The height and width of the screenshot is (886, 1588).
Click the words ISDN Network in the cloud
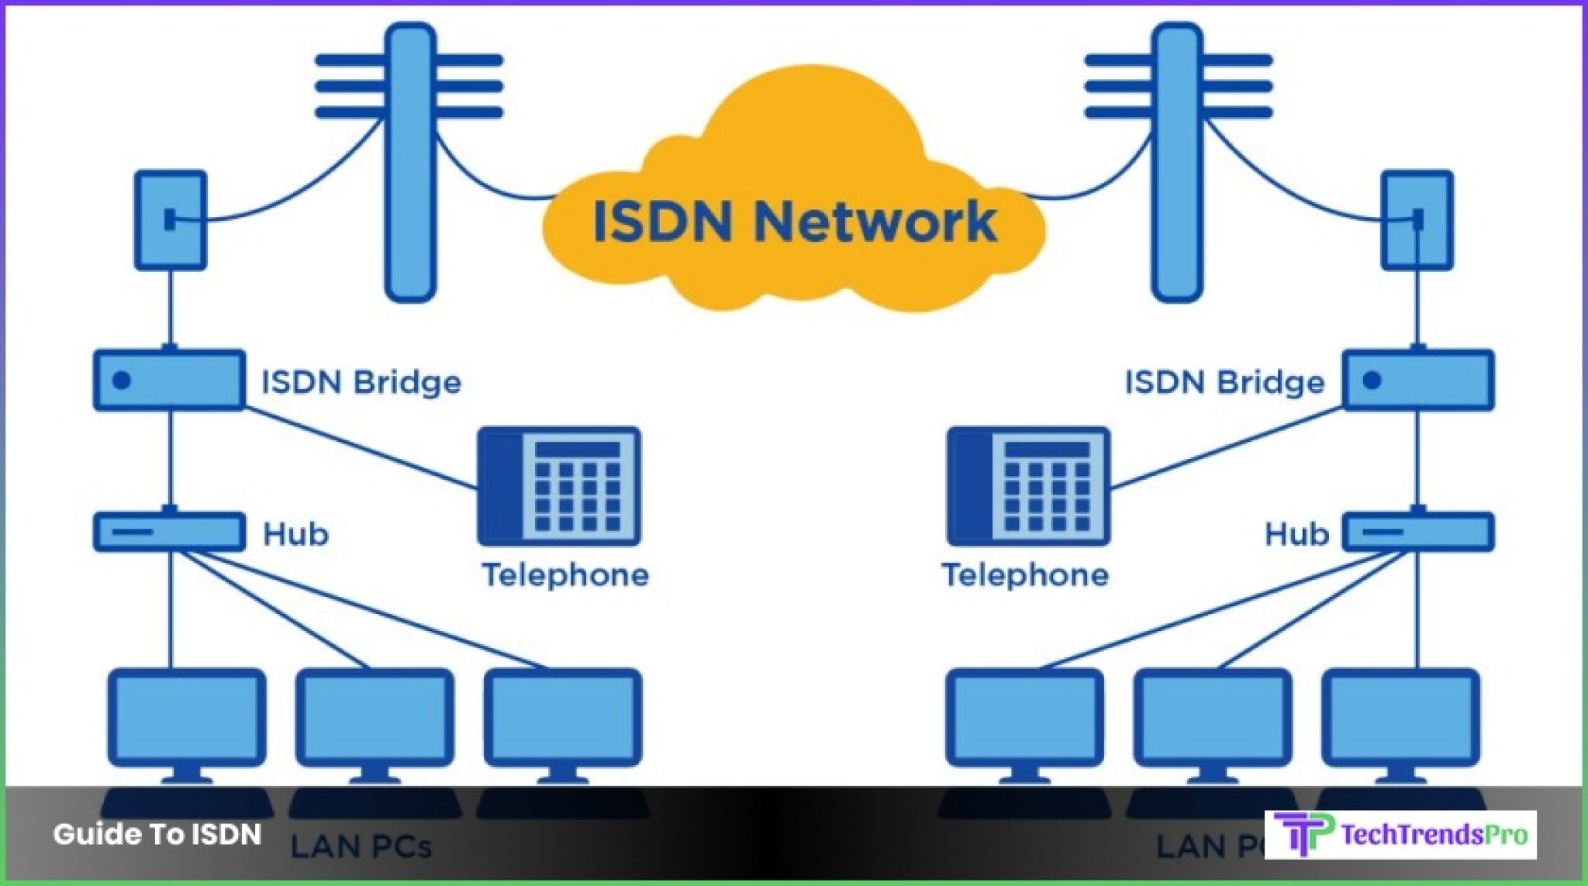pyautogui.click(x=795, y=222)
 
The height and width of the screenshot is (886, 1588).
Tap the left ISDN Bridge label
pyautogui.click(x=361, y=382)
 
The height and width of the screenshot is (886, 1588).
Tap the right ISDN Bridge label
pyautogui.click(x=1224, y=382)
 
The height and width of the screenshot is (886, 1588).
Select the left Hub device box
pyautogui.click(x=169, y=532)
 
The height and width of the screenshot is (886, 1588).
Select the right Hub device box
pyautogui.click(x=1418, y=532)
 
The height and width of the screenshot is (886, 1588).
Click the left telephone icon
pyautogui.click(x=559, y=486)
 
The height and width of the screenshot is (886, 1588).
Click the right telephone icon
pyautogui.click(x=1028, y=486)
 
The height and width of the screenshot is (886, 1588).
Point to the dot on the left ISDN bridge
pyautogui.click(x=122, y=381)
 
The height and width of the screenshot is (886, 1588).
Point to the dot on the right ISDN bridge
pyautogui.click(x=1372, y=381)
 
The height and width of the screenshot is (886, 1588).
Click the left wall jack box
pyautogui.click(x=171, y=220)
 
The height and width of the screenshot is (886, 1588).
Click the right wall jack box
pyautogui.click(x=1417, y=220)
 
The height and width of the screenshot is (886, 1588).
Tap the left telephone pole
pyautogui.click(x=410, y=163)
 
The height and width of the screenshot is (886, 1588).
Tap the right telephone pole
pyautogui.click(x=1177, y=163)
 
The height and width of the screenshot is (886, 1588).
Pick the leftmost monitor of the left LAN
pyautogui.click(x=186, y=717)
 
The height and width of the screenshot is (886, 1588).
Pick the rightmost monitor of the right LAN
pyautogui.click(x=1400, y=717)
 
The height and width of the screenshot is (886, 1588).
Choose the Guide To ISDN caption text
pyautogui.click(x=157, y=834)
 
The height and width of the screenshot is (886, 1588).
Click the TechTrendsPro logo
pyautogui.click(x=1400, y=835)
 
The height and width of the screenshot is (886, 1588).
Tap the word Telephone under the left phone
pyautogui.click(x=565, y=575)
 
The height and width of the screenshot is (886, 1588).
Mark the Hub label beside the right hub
pyautogui.click(x=1296, y=534)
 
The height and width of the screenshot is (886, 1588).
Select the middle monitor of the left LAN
pyautogui.click(x=375, y=717)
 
